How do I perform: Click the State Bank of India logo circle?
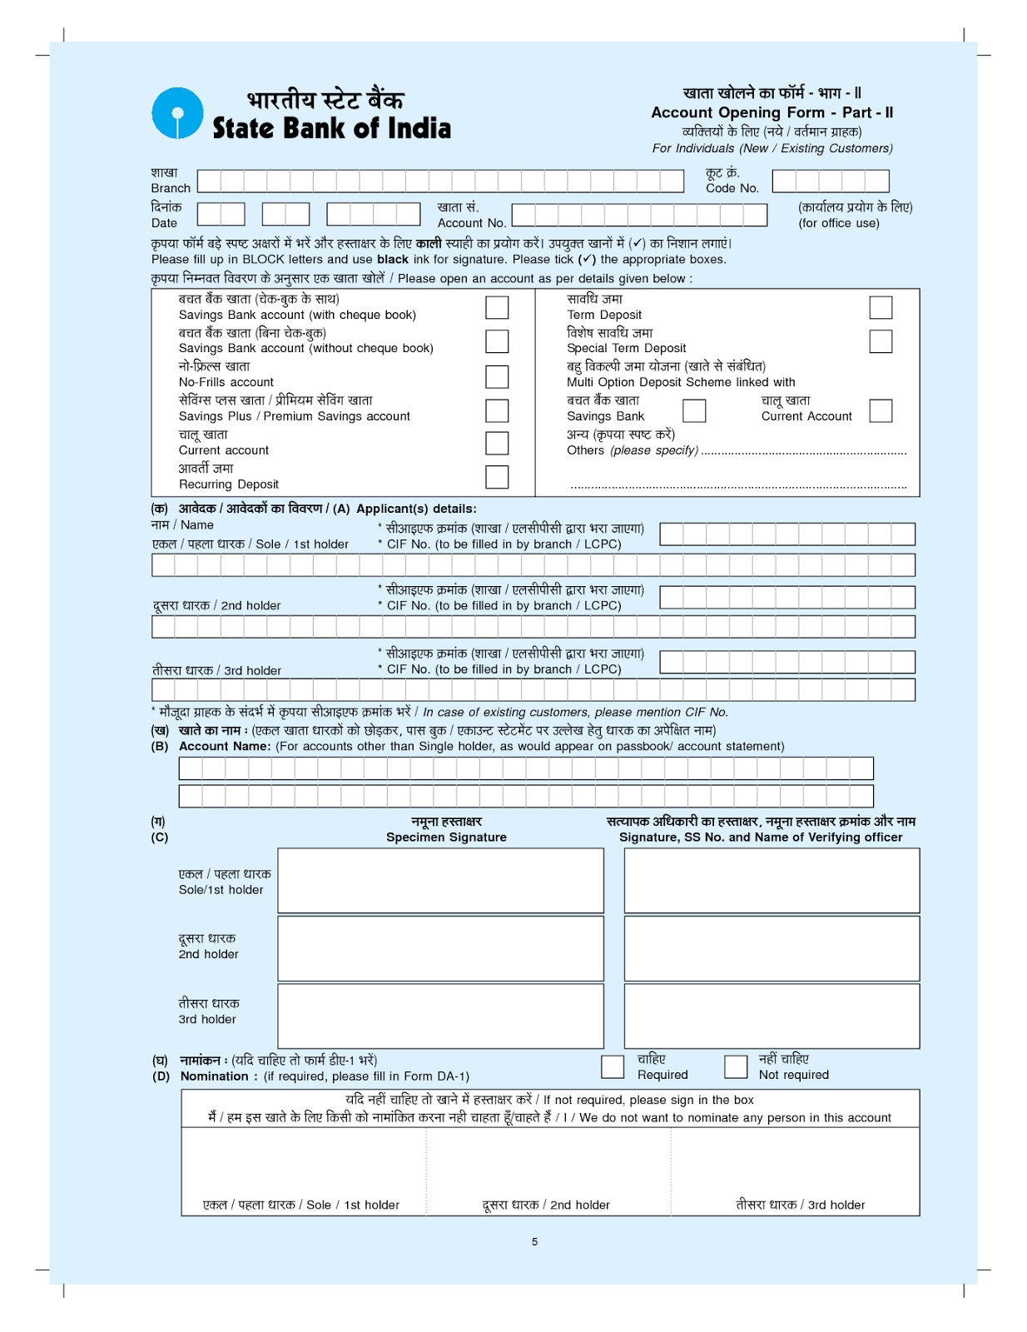(177, 113)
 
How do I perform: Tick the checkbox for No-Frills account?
(497, 376)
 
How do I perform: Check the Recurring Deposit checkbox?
(497, 477)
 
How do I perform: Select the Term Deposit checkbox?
(881, 307)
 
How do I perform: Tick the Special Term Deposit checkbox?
(881, 341)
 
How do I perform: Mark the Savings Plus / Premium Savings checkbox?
(497, 410)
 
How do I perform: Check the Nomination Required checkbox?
(613, 1066)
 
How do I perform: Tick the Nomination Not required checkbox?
(736, 1066)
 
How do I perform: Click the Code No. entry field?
(830, 181)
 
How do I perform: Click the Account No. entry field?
(638, 215)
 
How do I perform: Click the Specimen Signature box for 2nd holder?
(440, 948)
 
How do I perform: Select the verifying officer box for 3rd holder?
(771, 1016)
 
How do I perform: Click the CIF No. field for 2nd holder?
(787, 597)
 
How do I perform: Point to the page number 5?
(534, 1241)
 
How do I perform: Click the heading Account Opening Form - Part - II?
(771, 112)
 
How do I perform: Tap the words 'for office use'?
(839, 223)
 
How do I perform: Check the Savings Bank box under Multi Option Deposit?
(694, 410)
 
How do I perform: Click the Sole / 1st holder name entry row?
(533, 565)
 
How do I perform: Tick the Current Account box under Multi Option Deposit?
(881, 410)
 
